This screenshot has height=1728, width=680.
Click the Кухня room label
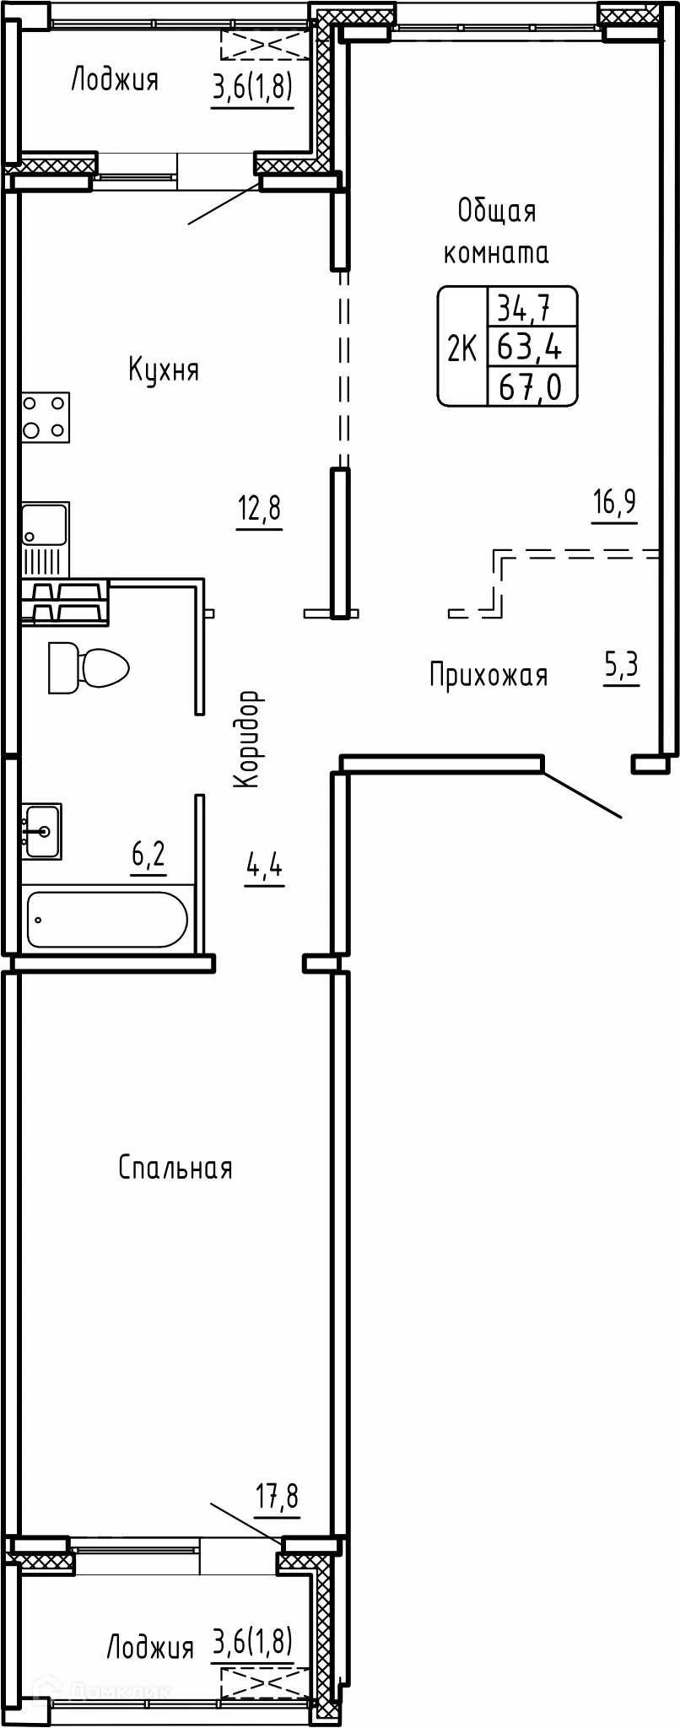pos(164,370)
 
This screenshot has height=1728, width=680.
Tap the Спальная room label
pos(175,1168)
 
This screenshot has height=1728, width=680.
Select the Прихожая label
pos(488,675)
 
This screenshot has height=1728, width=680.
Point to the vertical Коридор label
pos(246,739)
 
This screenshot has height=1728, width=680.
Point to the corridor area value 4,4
pos(264,867)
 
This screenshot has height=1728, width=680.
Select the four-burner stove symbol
pos(45,418)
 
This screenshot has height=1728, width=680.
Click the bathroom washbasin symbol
pos(41,832)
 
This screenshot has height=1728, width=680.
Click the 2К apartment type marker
pos(461,347)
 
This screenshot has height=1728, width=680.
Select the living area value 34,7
pos(523,308)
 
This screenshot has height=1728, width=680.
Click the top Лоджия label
pos(114,80)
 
